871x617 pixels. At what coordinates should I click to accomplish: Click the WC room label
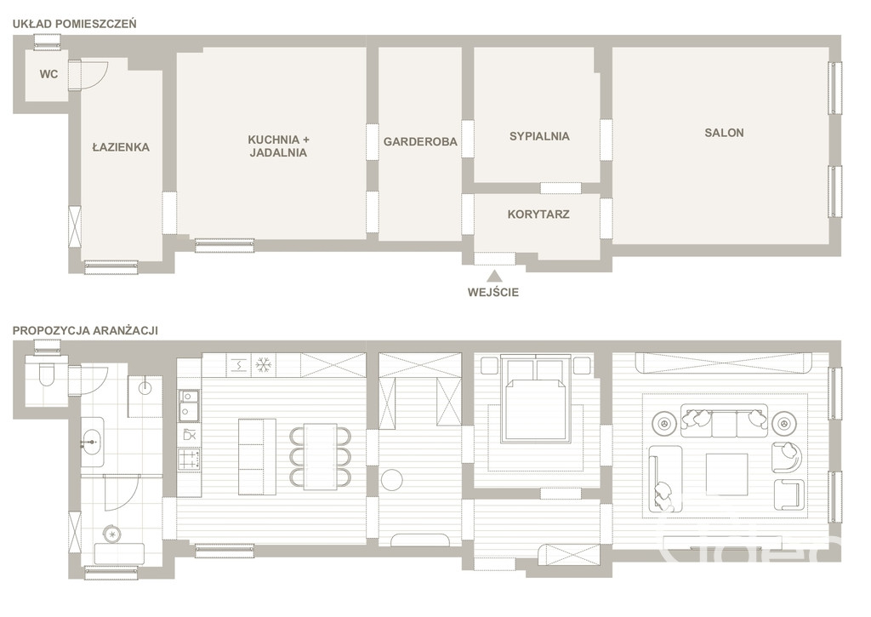[x=48, y=74]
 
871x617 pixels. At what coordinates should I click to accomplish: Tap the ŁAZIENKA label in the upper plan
[x=121, y=147]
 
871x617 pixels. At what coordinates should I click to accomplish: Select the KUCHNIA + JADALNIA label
[x=278, y=146]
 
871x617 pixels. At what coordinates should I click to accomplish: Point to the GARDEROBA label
[x=420, y=142]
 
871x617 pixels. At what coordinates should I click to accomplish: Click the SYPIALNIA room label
[x=539, y=136]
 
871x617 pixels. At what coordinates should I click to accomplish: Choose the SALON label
[x=724, y=133]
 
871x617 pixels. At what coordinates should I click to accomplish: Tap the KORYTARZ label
[x=538, y=214]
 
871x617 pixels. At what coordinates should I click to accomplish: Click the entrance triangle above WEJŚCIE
[x=494, y=276]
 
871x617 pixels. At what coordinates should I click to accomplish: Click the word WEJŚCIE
[x=493, y=293]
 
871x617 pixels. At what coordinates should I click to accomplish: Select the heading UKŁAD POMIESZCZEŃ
[x=75, y=24]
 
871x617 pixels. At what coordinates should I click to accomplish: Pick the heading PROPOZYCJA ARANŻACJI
[x=86, y=330]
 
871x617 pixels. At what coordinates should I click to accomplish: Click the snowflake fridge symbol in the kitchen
[x=264, y=365]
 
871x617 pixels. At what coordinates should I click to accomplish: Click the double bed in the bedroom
[x=536, y=400]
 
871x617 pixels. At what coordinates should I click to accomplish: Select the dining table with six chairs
[x=320, y=457]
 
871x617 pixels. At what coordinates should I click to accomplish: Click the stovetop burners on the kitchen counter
[x=189, y=460]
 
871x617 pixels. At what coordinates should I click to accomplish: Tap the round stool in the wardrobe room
[x=393, y=480]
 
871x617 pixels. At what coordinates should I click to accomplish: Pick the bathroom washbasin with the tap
[x=92, y=443]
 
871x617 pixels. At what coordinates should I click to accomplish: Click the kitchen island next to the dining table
[x=257, y=457]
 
